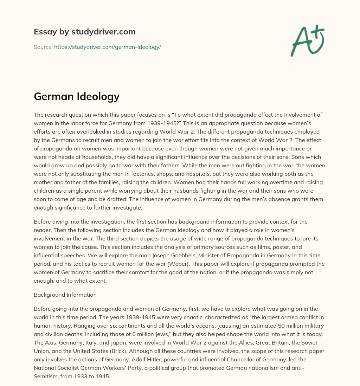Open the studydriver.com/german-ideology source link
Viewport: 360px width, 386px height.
point(107,47)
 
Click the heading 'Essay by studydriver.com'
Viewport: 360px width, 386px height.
point(85,32)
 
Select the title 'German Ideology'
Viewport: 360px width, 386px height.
point(77,96)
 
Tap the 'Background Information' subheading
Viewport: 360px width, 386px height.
point(65,295)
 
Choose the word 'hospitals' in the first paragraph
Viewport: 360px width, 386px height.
point(179,174)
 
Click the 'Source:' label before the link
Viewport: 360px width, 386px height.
point(43,47)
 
